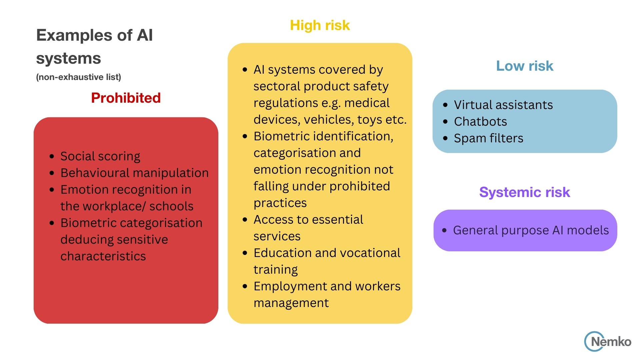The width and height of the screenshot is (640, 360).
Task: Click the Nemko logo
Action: tap(607, 341)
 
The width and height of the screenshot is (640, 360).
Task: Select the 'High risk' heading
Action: tap(320, 25)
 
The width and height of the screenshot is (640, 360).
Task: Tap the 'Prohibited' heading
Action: tap(126, 98)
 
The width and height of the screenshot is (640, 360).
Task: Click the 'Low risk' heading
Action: tap(524, 66)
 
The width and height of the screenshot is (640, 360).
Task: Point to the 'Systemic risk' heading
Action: tap(524, 192)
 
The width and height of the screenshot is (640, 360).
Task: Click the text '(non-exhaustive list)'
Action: tap(78, 77)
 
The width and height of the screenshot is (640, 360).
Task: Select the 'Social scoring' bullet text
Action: tap(100, 156)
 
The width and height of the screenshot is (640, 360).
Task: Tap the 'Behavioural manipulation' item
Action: tap(134, 173)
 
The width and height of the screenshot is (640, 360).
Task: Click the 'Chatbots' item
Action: tap(480, 122)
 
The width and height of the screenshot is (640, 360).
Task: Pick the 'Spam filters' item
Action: tap(488, 138)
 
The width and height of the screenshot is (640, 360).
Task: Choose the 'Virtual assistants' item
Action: tap(503, 105)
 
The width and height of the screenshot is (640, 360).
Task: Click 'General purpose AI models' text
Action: tap(531, 230)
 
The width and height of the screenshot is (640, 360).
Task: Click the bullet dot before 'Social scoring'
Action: tap(52, 156)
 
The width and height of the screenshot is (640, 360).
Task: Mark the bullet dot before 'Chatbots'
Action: tap(445, 122)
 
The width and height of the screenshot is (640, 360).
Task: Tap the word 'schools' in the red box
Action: tap(171, 206)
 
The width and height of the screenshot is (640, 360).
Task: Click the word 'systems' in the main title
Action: tap(68, 58)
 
